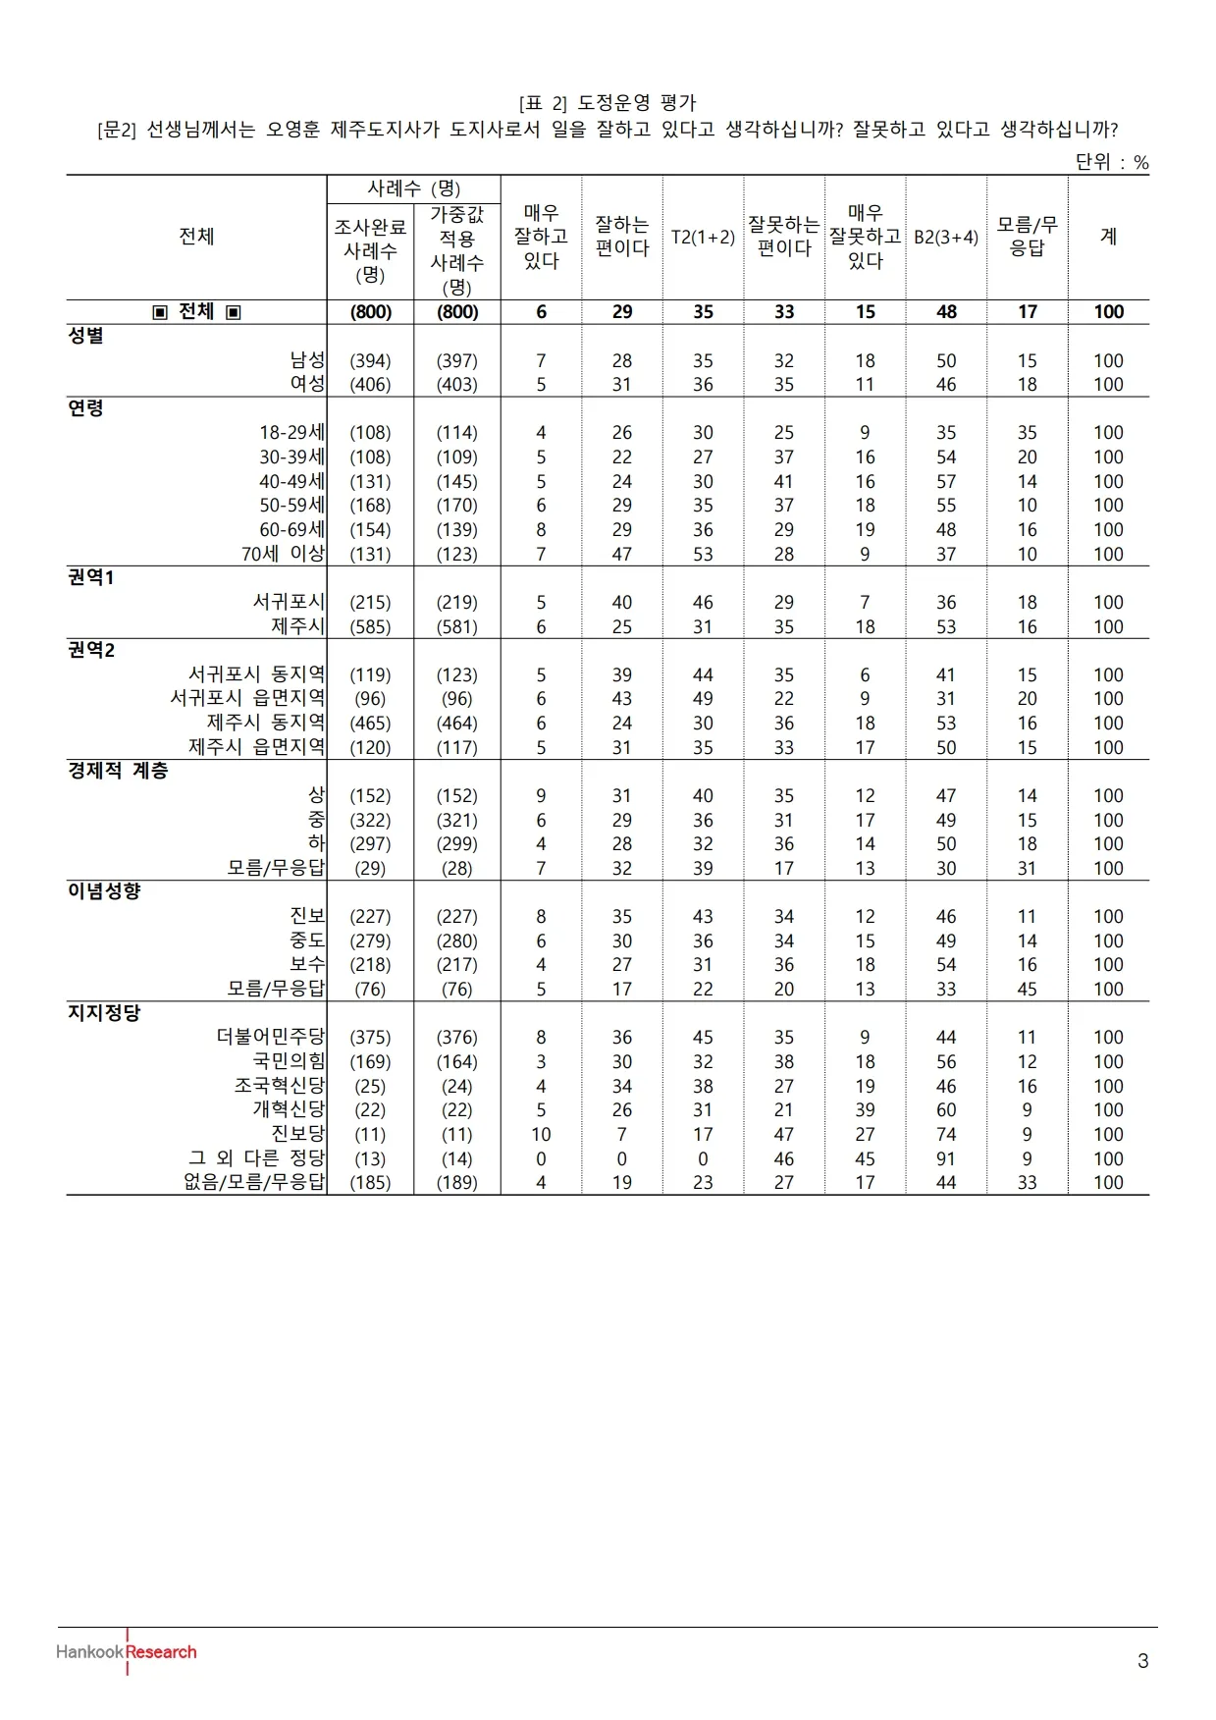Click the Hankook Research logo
[127, 1651]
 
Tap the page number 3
[1142, 1661]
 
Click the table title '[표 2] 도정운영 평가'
[608, 103]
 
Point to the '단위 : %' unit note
[1111, 162]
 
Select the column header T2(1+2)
[703, 237]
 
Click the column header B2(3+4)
[946, 237]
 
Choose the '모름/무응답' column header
[1027, 237]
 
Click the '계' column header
[1108, 237]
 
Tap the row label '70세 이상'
[283, 554]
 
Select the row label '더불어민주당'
[270, 1037]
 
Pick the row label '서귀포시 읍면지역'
[247, 698]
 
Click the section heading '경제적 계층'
[118, 771]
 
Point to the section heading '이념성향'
[104, 891]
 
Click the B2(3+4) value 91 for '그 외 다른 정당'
[946, 1158]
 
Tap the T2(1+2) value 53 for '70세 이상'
[703, 554]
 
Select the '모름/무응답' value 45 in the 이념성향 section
[1027, 989]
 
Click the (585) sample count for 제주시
[370, 626]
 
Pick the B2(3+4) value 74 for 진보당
[946, 1134]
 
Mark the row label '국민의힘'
[289, 1061]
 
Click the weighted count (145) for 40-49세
[457, 481]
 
